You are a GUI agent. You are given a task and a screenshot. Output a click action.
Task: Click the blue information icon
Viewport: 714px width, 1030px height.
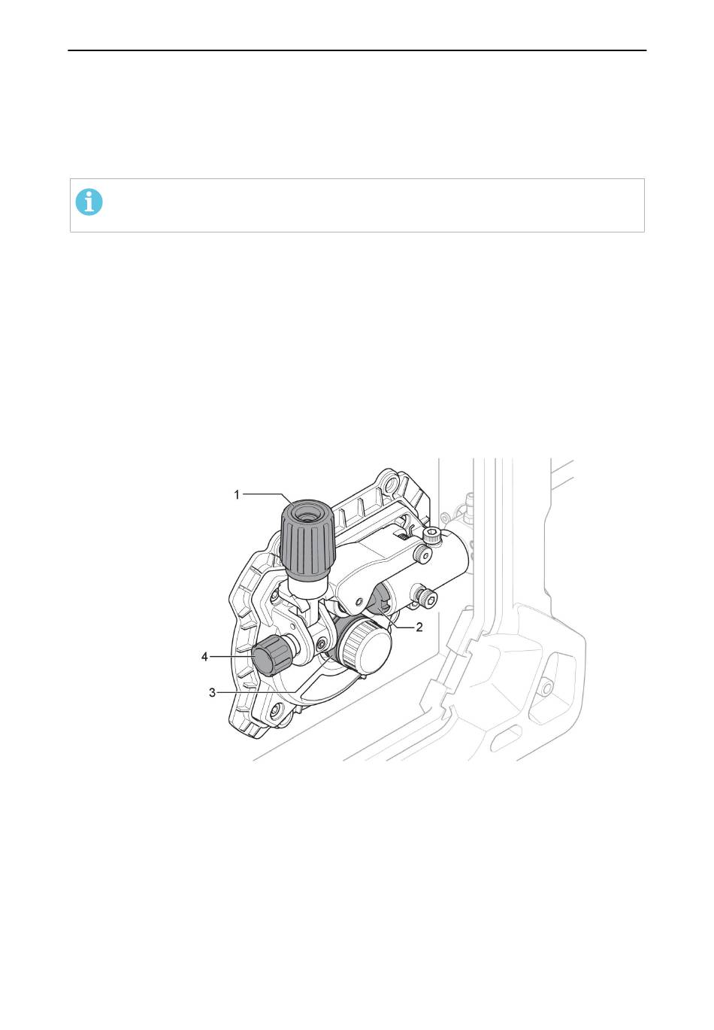point(89,202)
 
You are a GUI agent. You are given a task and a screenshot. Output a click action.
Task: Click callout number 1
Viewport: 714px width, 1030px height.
point(237,495)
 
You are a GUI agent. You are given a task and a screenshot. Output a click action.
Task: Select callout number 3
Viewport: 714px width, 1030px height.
point(212,692)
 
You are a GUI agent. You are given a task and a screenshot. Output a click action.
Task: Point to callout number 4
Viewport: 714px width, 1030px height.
point(204,657)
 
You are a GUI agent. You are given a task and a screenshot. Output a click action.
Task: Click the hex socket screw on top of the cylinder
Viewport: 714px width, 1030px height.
point(432,535)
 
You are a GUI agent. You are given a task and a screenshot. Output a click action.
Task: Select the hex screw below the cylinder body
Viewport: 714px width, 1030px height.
point(425,597)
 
